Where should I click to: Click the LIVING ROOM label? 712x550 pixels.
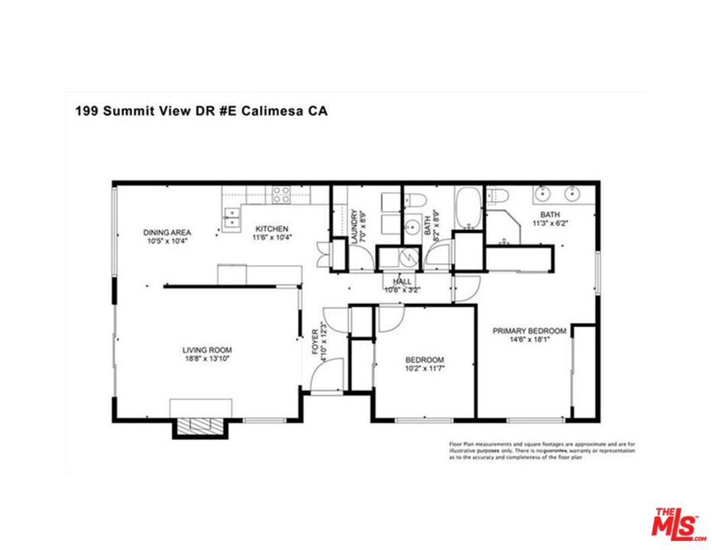point(206,350)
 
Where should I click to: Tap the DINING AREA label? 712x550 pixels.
point(167,232)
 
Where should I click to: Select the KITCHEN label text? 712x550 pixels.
point(271,228)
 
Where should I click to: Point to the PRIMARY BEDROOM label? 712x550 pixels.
point(529,331)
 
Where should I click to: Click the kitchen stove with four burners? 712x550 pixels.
point(281,195)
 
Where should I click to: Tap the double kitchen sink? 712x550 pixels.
point(231,218)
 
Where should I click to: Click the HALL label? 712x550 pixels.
point(403,281)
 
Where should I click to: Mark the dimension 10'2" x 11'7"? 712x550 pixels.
point(424,370)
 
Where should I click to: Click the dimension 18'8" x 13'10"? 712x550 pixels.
point(206,359)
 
